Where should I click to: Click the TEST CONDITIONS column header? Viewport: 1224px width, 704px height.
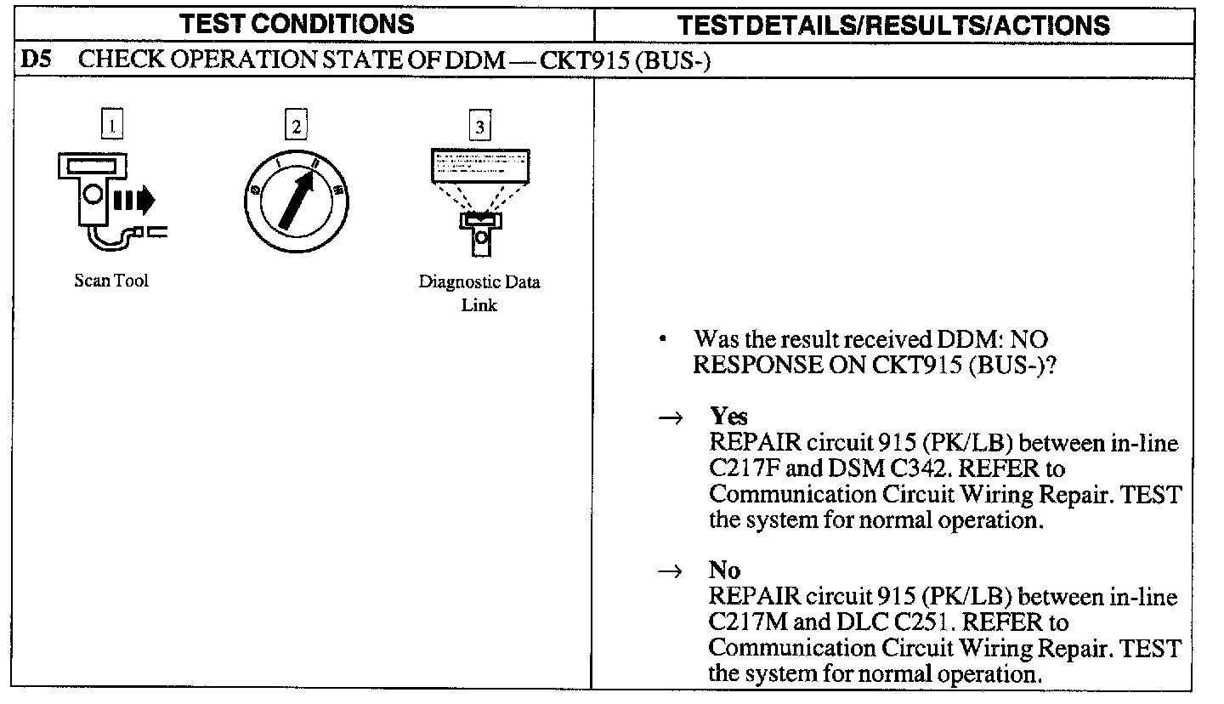tap(297, 24)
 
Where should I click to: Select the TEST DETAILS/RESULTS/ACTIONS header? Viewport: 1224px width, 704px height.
tap(895, 25)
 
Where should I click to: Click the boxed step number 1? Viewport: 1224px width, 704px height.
tap(111, 126)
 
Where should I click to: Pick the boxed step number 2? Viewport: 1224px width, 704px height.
tap(296, 127)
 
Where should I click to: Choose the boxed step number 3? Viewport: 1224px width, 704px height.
tap(480, 127)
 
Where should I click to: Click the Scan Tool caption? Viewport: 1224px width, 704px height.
tap(110, 281)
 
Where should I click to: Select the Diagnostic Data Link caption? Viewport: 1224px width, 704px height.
tap(479, 293)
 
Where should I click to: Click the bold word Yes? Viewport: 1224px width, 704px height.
tap(728, 417)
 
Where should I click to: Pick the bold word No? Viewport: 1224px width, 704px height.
tap(724, 570)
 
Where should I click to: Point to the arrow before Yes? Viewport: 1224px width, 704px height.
tap(671, 417)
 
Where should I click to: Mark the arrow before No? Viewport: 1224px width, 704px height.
tap(671, 571)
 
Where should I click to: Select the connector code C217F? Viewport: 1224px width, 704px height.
tap(745, 469)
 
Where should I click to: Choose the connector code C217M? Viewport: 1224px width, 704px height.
tap(748, 622)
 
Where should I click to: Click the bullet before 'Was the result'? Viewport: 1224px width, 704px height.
tap(662, 341)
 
